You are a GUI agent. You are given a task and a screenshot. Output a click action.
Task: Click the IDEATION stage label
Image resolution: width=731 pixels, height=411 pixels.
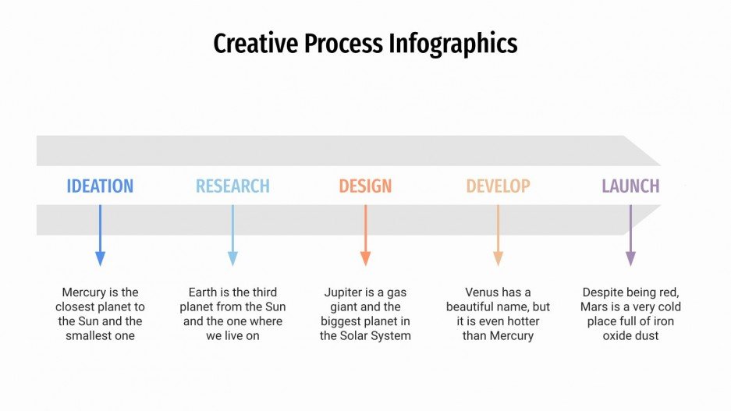coord(100,186)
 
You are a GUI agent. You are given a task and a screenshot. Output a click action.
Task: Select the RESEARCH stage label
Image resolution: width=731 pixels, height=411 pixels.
coord(232,186)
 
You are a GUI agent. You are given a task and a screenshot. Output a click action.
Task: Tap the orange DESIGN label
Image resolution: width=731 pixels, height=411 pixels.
coord(365,186)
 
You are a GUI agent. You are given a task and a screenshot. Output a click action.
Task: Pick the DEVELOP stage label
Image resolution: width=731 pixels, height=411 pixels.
coord(498,186)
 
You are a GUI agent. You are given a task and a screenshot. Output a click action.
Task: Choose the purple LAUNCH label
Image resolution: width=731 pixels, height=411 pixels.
coord(630,186)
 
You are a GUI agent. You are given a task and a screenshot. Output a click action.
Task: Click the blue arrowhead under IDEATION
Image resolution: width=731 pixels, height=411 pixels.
coord(100,258)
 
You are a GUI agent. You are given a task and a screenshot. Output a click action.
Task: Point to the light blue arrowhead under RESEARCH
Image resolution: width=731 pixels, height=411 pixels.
coord(232,258)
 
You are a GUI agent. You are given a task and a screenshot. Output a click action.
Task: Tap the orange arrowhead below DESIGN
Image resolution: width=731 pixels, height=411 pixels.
coord(365,258)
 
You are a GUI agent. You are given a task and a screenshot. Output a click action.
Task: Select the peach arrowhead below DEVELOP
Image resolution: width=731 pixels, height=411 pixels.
coord(498,258)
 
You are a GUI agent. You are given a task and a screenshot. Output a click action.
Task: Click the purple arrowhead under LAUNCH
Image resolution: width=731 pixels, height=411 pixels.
coord(630,258)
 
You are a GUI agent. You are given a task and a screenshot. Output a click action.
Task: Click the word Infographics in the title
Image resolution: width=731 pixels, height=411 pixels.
coord(452,44)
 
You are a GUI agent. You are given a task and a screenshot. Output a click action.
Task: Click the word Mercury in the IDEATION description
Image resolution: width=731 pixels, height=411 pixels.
coord(83,292)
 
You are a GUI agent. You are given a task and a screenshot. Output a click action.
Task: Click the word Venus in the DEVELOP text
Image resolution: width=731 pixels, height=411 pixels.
coord(483,292)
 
